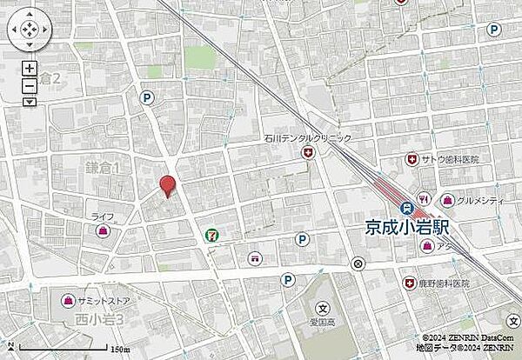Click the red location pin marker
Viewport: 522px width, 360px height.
(x=166, y=184)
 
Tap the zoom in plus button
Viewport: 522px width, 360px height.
(x=30, y=68)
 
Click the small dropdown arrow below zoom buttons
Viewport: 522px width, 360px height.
(x=30, y=101)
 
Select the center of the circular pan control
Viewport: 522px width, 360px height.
(x=29, y=31)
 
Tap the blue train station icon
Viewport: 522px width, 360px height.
(x=406, y=208)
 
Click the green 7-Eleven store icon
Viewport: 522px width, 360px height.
(x=211, y=235)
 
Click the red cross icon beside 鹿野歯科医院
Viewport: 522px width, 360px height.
(x=409, y=283)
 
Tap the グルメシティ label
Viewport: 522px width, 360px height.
(x=473, y=199)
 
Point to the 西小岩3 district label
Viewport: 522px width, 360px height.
(x=103, y=319)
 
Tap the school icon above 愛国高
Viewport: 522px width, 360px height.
(x=321, y=308)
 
